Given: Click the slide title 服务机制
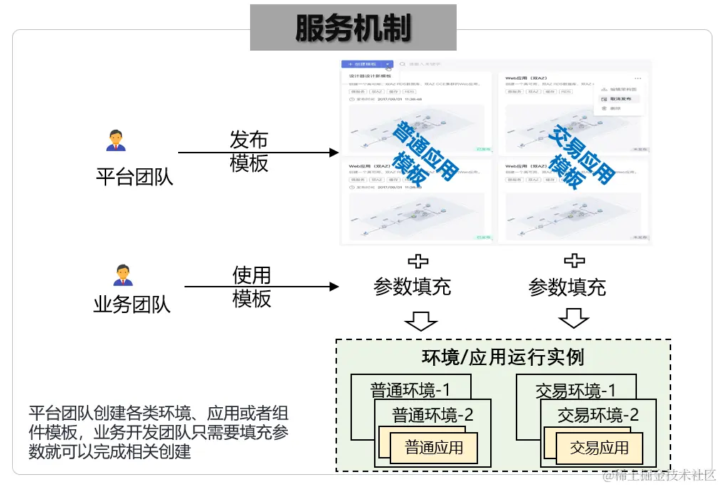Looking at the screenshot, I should tap(353, 28).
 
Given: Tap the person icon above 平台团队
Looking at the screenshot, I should tap(115, 140).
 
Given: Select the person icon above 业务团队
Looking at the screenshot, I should tap(123, 275).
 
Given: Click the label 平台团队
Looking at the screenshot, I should tap(135, 176).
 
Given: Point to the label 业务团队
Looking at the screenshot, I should tap(132, 305).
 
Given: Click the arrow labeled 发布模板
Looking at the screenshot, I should tap(256, 153).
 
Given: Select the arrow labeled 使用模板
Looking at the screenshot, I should tap(261, 287).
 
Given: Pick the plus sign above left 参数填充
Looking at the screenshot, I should tap(417, 261).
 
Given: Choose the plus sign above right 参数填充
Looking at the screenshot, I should tap(574, 261).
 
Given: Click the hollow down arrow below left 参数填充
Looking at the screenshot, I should tap(420, 319).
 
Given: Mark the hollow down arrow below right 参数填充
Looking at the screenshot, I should tap(574, 317).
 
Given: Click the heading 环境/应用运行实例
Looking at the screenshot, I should tap(503, 357).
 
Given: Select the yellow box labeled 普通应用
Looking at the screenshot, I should tap(434, 448).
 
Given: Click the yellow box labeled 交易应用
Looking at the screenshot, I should tap(599, 448).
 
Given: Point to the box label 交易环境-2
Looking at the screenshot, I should tap(598, 415).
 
